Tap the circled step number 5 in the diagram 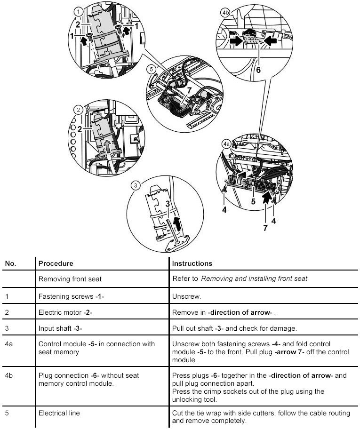[x=151, y=69]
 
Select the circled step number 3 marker [x=136, y=185]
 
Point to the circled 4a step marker [x=226, y=143]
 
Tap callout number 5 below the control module [x=253, y=202]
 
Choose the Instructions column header [x=192, y=263]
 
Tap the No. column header [x=10, y=263]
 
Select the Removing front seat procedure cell [x=70, y=279]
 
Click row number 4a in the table [x=8, y=344]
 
